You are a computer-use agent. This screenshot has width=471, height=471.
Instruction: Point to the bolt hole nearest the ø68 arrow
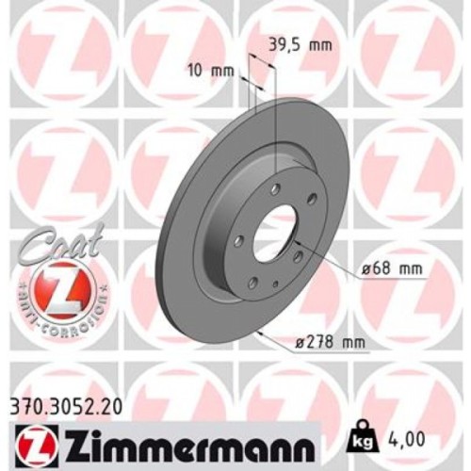click(298, 255)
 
